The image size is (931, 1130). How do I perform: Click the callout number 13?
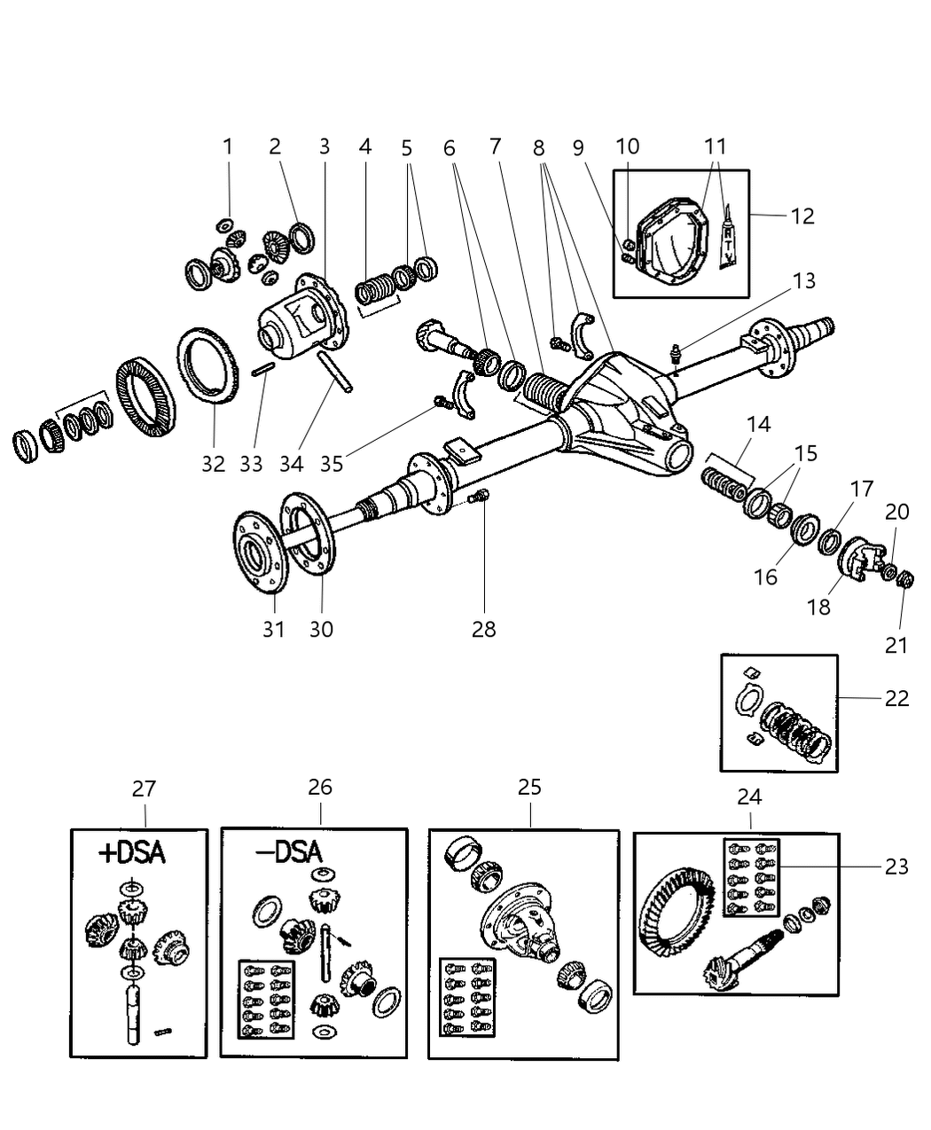[x=803, y=281]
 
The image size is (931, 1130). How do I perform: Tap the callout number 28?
[x=483, y=629]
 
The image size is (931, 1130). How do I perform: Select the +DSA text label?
[x=131, y=853]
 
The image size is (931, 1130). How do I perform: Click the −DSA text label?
[x=288, y=852]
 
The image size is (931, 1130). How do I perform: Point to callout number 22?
[x=896, y=698]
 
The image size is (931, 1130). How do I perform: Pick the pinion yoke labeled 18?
[x=858, y=560]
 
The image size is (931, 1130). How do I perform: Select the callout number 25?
[x=529, y=787]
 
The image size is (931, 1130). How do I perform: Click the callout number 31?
[x=273, y=629]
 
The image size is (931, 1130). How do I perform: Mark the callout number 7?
[x=494, y=146]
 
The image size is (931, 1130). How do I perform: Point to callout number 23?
[x=896, y=866]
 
